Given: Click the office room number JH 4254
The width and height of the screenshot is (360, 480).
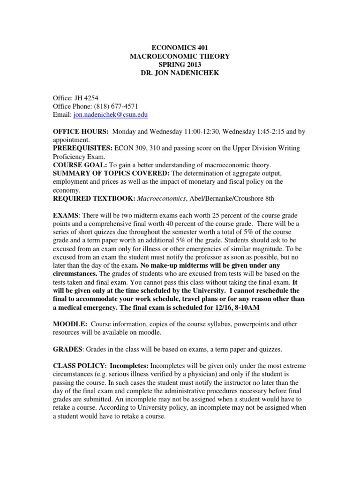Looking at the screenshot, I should coord(83,97).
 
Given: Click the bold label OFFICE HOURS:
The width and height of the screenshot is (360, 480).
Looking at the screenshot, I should coord(81,131).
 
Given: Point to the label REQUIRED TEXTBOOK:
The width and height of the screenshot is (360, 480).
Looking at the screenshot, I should coord(94,198).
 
